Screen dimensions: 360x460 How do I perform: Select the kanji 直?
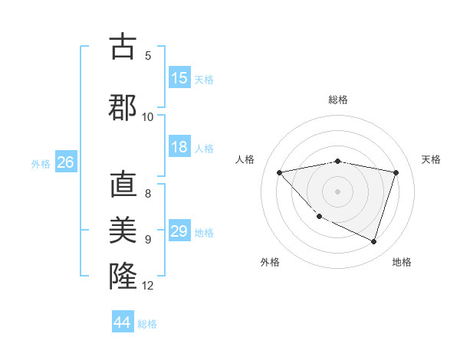(x=123, y=186)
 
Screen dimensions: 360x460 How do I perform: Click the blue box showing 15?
(x=179, y=78)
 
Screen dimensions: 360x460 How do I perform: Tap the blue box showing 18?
(x=179, y=148)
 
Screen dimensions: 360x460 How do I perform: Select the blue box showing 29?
(x=179, y=231)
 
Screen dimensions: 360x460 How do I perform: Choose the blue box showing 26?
(x=65, y=162)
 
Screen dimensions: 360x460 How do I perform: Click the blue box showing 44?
(x=123, y=322)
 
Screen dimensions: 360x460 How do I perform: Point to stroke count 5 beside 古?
(x=148, y=55)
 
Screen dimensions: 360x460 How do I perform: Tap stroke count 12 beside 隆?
(x=148, y=286)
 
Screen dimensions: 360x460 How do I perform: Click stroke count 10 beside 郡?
(x=148, y=117)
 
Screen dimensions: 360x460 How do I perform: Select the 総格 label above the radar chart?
(x=338, y=100)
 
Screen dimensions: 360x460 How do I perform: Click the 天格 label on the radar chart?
(x=432, y=159)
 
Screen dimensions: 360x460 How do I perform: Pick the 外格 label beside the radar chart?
(x=269, y=262)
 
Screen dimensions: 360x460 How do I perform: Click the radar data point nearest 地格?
(x=373, y=242)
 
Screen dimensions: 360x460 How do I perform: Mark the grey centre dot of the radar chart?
(x=337, y=191)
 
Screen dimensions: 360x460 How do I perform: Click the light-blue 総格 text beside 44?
(x=147, y=324)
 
